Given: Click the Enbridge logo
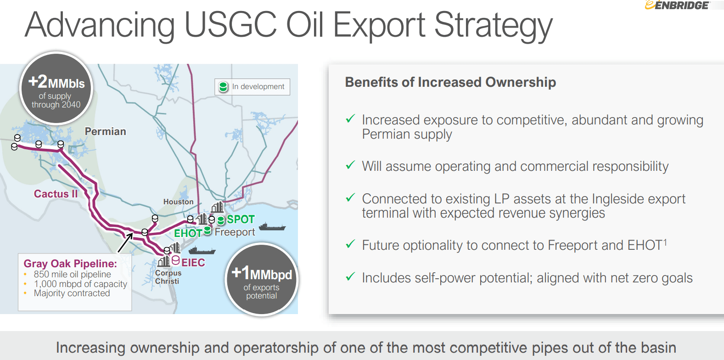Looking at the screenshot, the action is [x=678, y=5].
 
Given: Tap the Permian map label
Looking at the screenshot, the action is [x=106, y=131].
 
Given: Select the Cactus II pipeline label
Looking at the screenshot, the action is [x=56, y=194].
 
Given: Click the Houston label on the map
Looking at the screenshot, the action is [x=179, y=202].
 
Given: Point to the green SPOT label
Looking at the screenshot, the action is [x=241, y=219].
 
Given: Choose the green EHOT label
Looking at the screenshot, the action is [x=188, y=233].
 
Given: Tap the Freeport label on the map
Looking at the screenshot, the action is [x=235, y=232].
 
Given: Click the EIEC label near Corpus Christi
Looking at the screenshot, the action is [x=193, y=263].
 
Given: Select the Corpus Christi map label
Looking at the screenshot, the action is [x=168, y=277].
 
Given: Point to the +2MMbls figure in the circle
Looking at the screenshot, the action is [x=56, y=82].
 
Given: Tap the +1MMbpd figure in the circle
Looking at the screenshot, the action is [x=262, y=273].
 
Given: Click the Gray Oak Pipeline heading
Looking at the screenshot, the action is [x=70, y=264].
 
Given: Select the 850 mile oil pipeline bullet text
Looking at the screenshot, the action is [x=73, y=275].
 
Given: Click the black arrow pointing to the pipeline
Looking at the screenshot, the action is [x=125, y=242].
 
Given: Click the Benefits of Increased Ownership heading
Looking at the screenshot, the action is [x=450, y=82].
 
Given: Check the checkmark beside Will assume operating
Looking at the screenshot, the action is [x=350, y=165].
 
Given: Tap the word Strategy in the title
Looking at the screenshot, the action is [x=493, y=26].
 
